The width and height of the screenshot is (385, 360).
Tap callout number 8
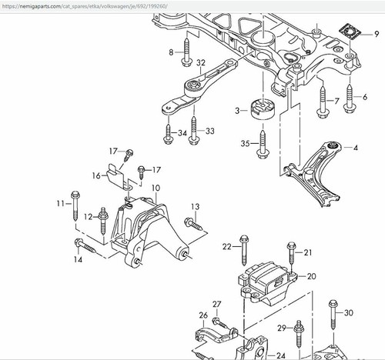click(172, 52)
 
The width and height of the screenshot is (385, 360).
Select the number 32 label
click(201, 63)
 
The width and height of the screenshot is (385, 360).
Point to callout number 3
click(239, 112)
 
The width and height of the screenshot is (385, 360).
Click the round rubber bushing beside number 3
click(263, 110)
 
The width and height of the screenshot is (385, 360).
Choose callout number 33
click(210, 132)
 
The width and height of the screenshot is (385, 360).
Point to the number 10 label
click(156, 188)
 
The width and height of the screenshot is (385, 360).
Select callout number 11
click(60, 203)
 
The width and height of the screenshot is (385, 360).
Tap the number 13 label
click(195, 207)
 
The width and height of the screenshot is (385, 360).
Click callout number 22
click(227, 247)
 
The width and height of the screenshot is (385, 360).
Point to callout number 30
click(349, 313)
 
